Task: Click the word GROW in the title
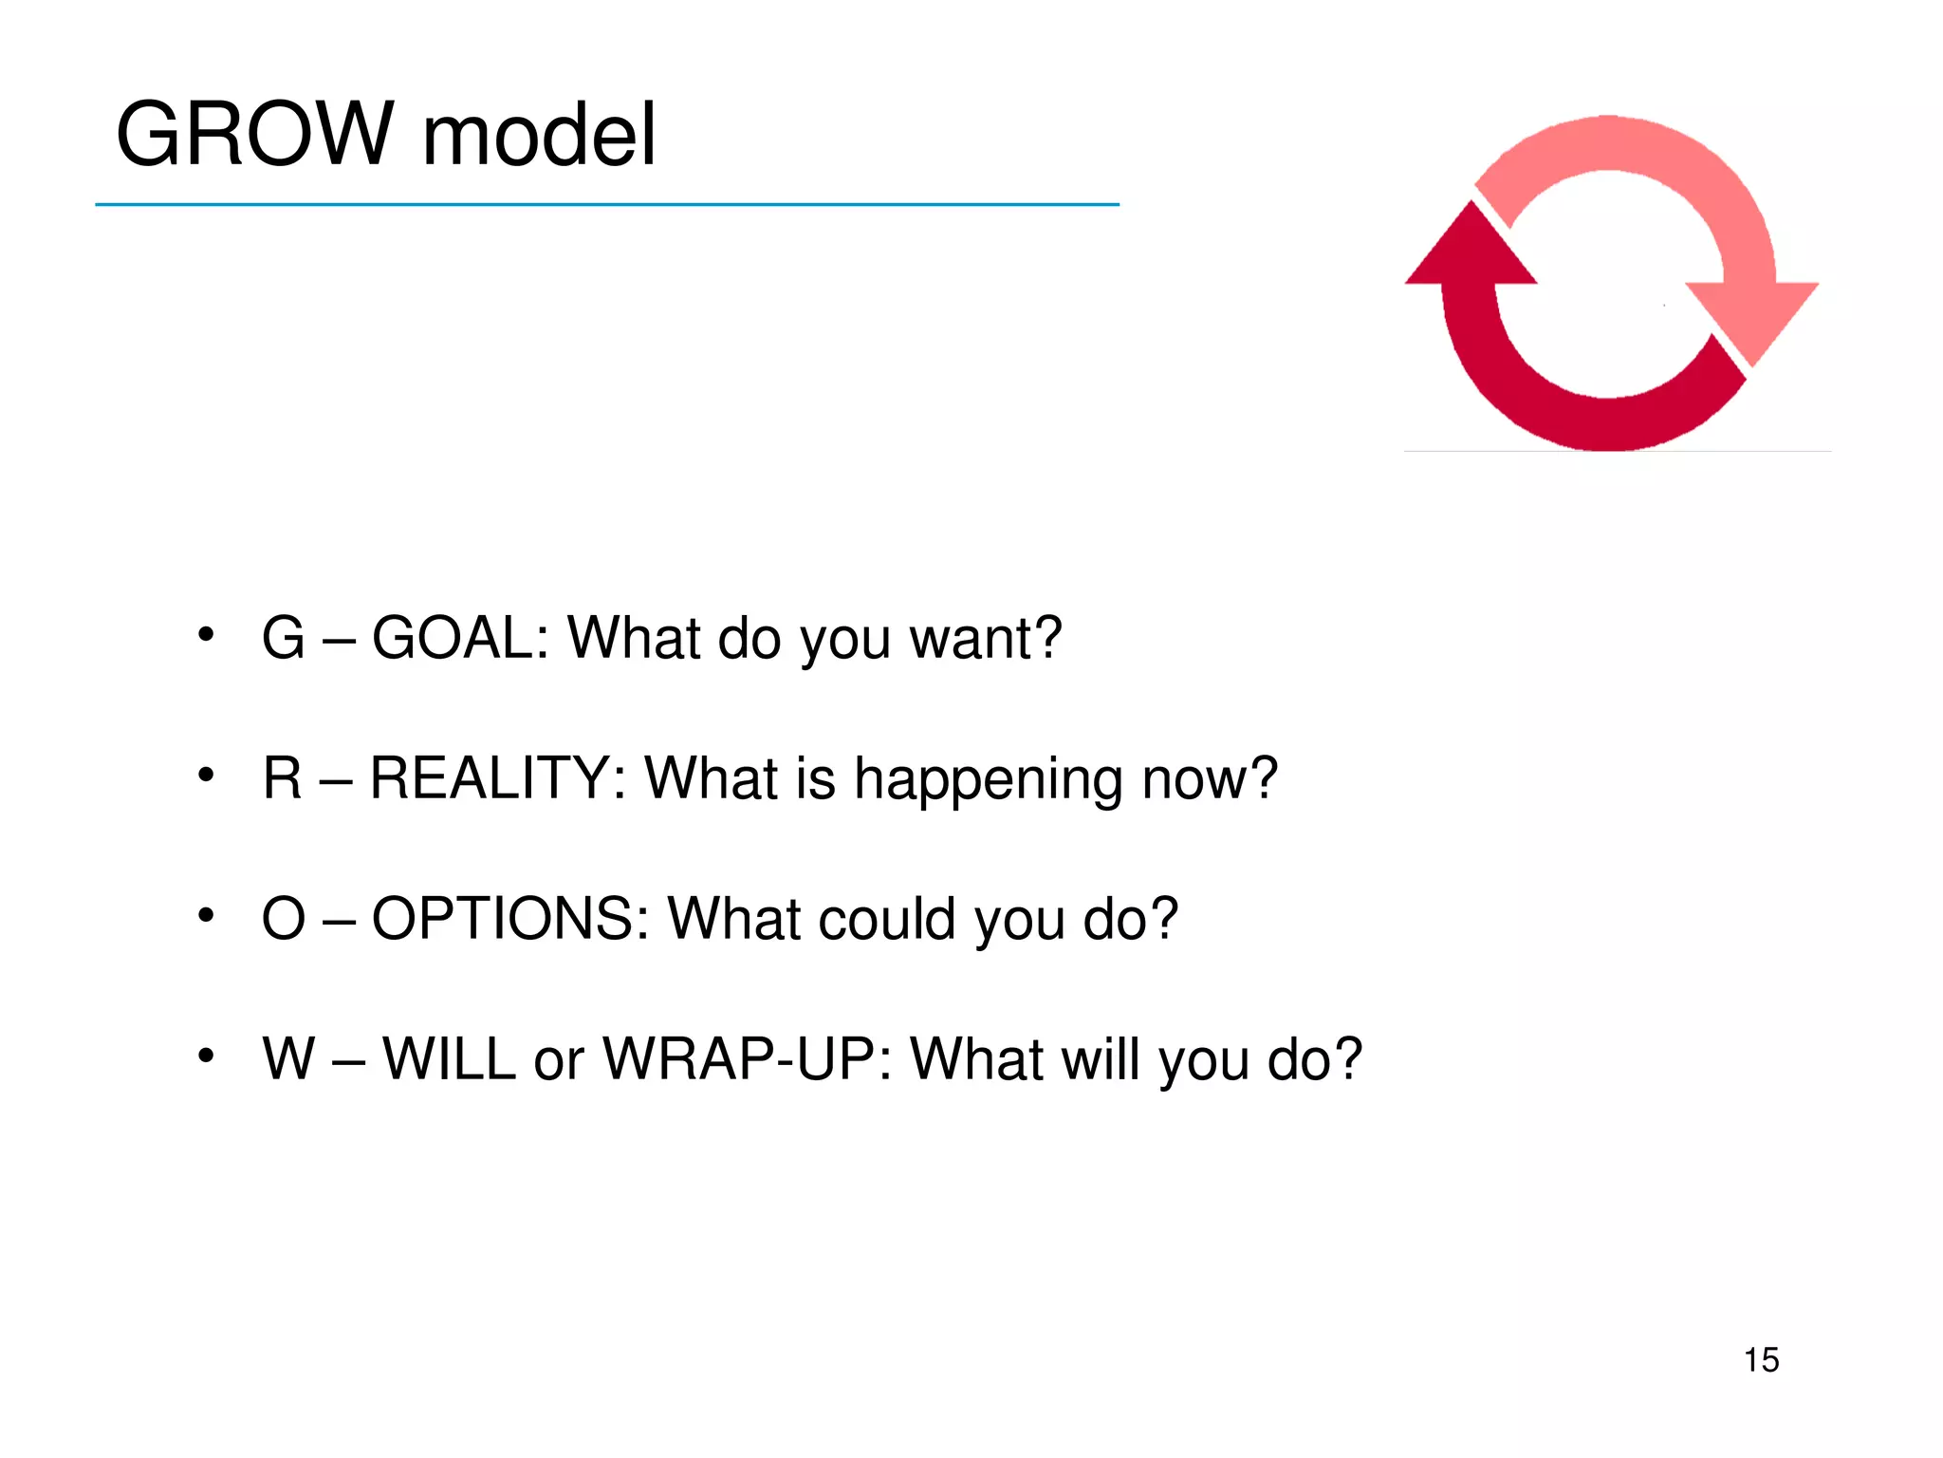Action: [x=254, y=135]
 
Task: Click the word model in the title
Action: [x=538, y=135]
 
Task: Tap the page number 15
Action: [x=1761, y=1360]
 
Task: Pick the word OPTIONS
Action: [x=509, y=919]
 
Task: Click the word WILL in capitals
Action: [x=449, y=1058]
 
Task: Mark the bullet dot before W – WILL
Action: [x=206, y=1056]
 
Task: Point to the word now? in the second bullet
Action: [x=1210, y=779]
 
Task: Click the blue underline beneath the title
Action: [x=607, y=204]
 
